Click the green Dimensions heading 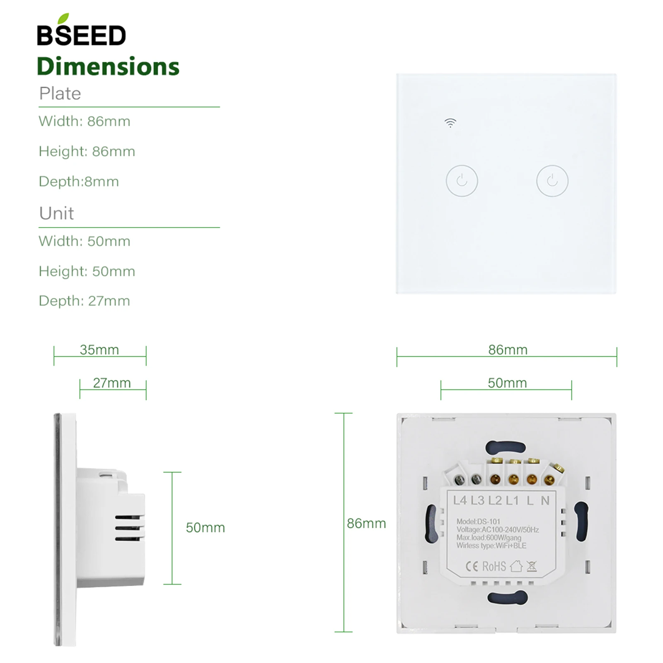click(108, 67)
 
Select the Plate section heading click(60, 94)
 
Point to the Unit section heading click(56, 213)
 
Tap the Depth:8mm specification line click(79, 181)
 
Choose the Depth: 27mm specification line click(84, 301)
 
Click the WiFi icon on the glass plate click(450, 123)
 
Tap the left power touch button click(462, 181)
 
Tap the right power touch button click(552, 181)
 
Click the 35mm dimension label click(99, 350)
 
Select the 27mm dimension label click(112, 383)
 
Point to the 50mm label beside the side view click(205, 527)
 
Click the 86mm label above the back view click(508, 350)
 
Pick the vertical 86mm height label click(366, 523)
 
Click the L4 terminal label click(460, 501)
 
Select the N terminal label click(545, 501)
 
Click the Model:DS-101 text click(478, 522)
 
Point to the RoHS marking click(494, 566)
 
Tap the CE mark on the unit click(472, 566)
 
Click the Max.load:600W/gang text click(489, 537)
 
